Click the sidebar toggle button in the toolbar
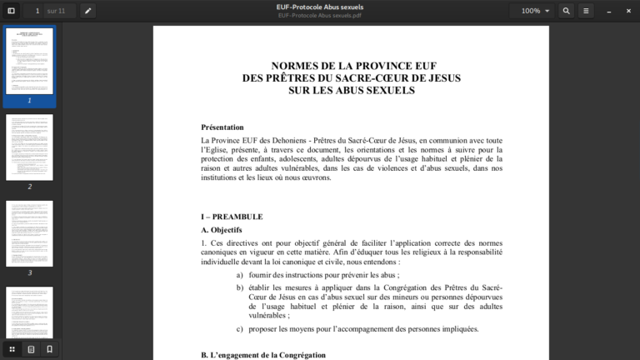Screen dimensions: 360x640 (x=11, y=11)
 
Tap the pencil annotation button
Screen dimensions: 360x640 (x=87, y=11)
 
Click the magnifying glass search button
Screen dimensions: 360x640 (x=567, y=11)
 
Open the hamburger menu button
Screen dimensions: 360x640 (x=586, y=11)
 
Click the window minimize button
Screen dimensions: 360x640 (x=608, y=11)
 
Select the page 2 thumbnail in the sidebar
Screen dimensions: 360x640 (x=29, y=147)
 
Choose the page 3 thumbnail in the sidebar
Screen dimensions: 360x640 (x=29, y=233)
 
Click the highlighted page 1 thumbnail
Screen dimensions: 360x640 (x=29, y=62)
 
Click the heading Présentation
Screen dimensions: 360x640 (x=222, y=127)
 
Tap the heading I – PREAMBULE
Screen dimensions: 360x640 (x=232, y=217)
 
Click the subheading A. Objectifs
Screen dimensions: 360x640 (x=222, y=230)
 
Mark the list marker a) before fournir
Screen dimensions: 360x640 (x=240, y=275)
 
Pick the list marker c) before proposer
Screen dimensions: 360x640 (x=240, y=329)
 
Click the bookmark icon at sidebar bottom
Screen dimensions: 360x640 (x=49, y=349)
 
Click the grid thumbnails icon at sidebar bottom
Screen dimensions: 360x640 (x=12, y=349)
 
